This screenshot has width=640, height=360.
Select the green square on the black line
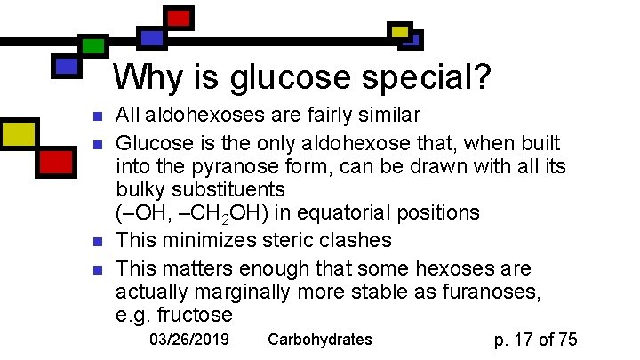92,46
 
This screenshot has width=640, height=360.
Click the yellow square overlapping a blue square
400,33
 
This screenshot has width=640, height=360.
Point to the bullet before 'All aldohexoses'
99,116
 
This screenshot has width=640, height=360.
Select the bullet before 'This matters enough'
99,268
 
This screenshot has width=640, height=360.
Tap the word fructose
194,315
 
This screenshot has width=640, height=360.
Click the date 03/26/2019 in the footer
188,340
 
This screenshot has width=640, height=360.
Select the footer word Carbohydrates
319,340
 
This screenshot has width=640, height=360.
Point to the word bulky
142,189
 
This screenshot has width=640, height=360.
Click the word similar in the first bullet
386,116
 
